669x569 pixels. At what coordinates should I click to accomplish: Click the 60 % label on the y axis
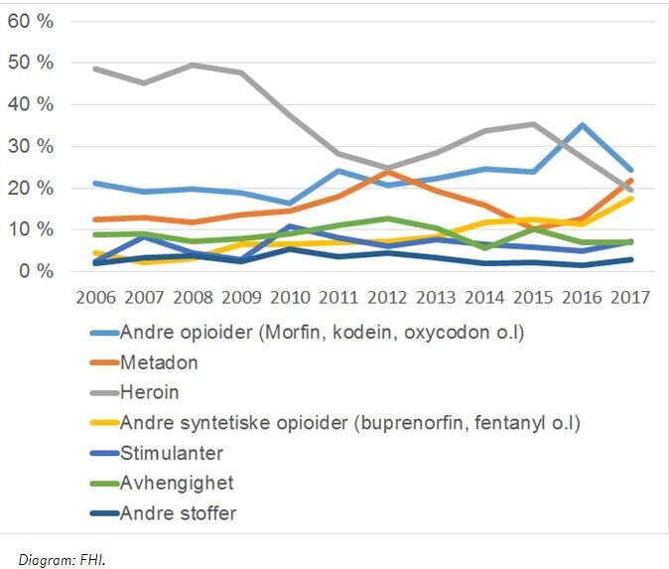33,21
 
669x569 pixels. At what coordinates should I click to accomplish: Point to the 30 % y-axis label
33,146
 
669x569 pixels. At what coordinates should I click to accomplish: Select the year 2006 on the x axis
94,298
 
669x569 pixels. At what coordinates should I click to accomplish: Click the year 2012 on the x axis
388,298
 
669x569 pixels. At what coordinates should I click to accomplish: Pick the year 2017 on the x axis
630,298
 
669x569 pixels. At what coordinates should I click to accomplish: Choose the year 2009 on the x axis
240,298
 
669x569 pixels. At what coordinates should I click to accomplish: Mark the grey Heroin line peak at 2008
192,65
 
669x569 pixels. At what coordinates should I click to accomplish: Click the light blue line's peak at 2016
582,125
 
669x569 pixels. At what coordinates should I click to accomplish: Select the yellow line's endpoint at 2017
630,198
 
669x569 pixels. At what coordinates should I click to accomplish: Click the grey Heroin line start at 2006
94,69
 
